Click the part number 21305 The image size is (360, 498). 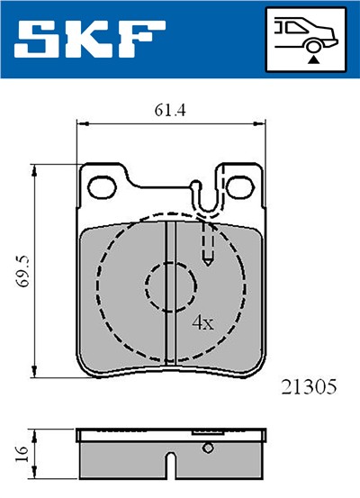308,387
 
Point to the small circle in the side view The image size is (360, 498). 208,448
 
